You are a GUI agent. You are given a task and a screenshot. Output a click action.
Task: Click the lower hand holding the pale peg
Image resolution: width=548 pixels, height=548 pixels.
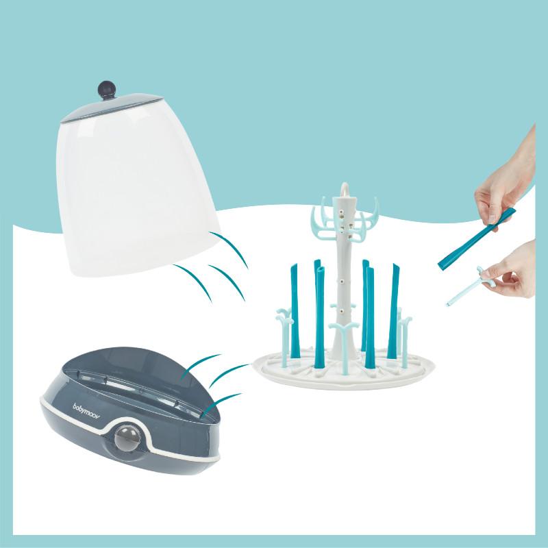click(514, 274)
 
